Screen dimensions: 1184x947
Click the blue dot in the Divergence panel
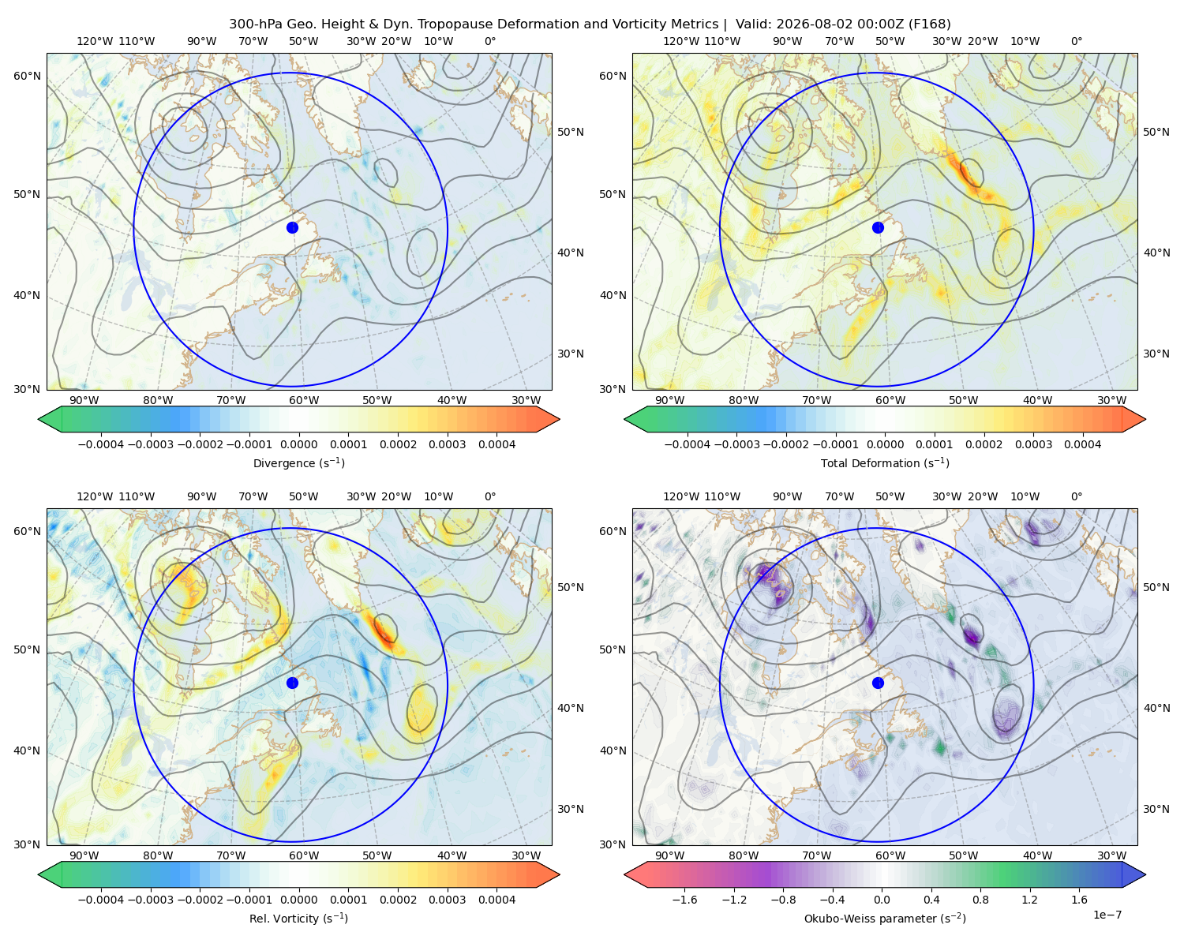(x=292, y=227)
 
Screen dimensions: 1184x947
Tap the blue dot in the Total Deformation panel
(x=878, y=227)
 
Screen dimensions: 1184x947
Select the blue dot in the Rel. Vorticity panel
(x=292, y=683)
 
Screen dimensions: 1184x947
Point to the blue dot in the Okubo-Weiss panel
(x=878, y=683)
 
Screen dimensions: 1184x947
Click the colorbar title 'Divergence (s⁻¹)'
(x=298, y=462)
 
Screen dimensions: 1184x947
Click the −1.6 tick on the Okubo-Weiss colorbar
(x=685, y=900)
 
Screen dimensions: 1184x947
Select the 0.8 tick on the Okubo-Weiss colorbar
(x=980, y=900)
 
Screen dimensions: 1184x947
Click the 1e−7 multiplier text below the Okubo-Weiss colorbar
(x=1107, y=915)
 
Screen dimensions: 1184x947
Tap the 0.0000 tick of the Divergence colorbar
(x=298, y=444)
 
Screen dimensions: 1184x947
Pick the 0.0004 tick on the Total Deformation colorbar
(x=1082, y=444)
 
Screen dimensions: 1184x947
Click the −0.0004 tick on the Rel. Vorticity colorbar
(x=101, y=900)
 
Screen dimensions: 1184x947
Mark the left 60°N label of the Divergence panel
(x=27, y=76)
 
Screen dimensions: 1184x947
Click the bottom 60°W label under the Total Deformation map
(x=890, y=400)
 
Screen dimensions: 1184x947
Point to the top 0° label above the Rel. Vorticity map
(x=490, y=496)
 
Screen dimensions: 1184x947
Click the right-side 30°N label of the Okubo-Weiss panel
(x=1156, y=808)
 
